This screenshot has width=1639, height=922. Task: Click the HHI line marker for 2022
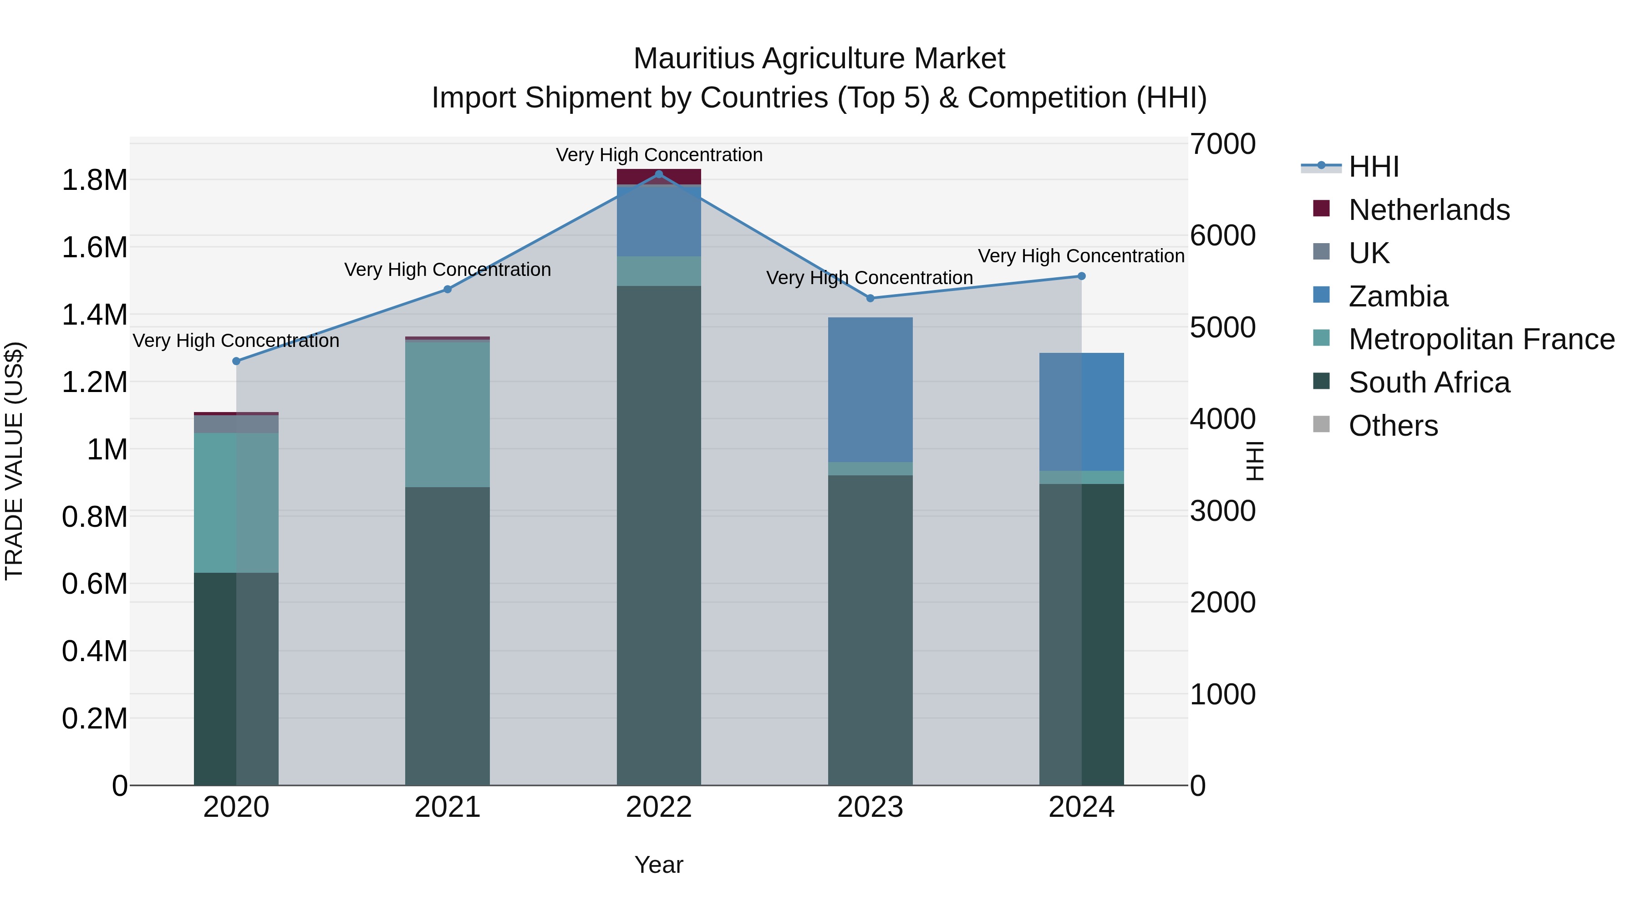[x=658, y=174]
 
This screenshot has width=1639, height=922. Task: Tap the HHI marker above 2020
[x=236, y=361]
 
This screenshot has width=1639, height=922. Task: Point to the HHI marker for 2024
[x=1081, y=276]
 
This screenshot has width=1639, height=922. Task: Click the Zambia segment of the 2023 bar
[x=870, y=389]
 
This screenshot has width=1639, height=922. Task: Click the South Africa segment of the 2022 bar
[x=658, y=535]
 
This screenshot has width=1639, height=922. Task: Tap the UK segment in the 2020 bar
[x=236, y=424]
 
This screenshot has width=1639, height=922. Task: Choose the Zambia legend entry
[x=1398, y=296]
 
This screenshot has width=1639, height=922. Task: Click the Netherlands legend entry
[x=1428, y=210]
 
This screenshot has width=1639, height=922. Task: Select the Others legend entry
[x=1393, y=426]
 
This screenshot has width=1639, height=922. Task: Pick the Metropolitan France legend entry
[x=1481, y=340]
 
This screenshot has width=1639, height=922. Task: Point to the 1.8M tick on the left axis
[x=94, y=180]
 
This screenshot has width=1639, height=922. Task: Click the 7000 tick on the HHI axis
[x=1222, y=144]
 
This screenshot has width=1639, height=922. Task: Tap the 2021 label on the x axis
[x=447, y=807]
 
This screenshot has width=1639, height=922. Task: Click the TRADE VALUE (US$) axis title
[x=14, y=461]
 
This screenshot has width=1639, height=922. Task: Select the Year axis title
[x=658, y=865]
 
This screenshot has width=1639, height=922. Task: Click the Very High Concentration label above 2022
[x=658, y=155]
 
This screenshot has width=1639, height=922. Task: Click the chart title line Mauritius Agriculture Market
[x=819, y=59]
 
